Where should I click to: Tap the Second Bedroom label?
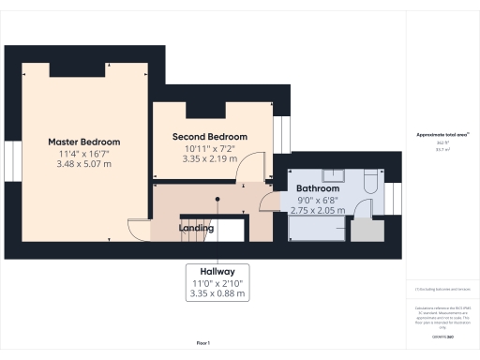(x=210, y=137)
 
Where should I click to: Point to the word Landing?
(x=197, y=228)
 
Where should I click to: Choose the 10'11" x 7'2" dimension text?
(x=210, y=148)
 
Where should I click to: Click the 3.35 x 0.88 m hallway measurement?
(x=217, y=293)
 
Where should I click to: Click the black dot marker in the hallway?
(x=217, y=199)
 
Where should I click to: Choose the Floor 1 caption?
(x=202, y=344)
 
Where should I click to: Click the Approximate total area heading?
(x=442, y=135)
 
